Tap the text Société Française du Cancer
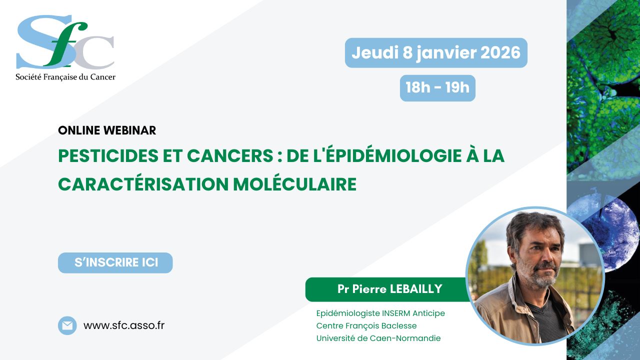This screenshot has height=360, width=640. point(65,77)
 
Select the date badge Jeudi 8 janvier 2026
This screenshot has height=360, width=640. point(436,53)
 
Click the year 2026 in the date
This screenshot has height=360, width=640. point(500,52)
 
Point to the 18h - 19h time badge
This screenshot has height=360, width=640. point(437,88)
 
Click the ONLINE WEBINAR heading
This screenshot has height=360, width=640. point(107,130)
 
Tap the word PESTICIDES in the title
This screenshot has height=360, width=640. point(108,155)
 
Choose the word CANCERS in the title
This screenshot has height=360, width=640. point(230,155)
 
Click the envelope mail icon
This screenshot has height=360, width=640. point(67,325)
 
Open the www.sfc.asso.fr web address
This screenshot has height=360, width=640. point(124,325)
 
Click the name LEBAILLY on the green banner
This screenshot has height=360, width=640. point(416,289)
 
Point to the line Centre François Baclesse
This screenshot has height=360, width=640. point(366,325)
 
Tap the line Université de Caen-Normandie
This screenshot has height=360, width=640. point(378,338)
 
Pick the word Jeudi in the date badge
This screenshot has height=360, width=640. point(375,52)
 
